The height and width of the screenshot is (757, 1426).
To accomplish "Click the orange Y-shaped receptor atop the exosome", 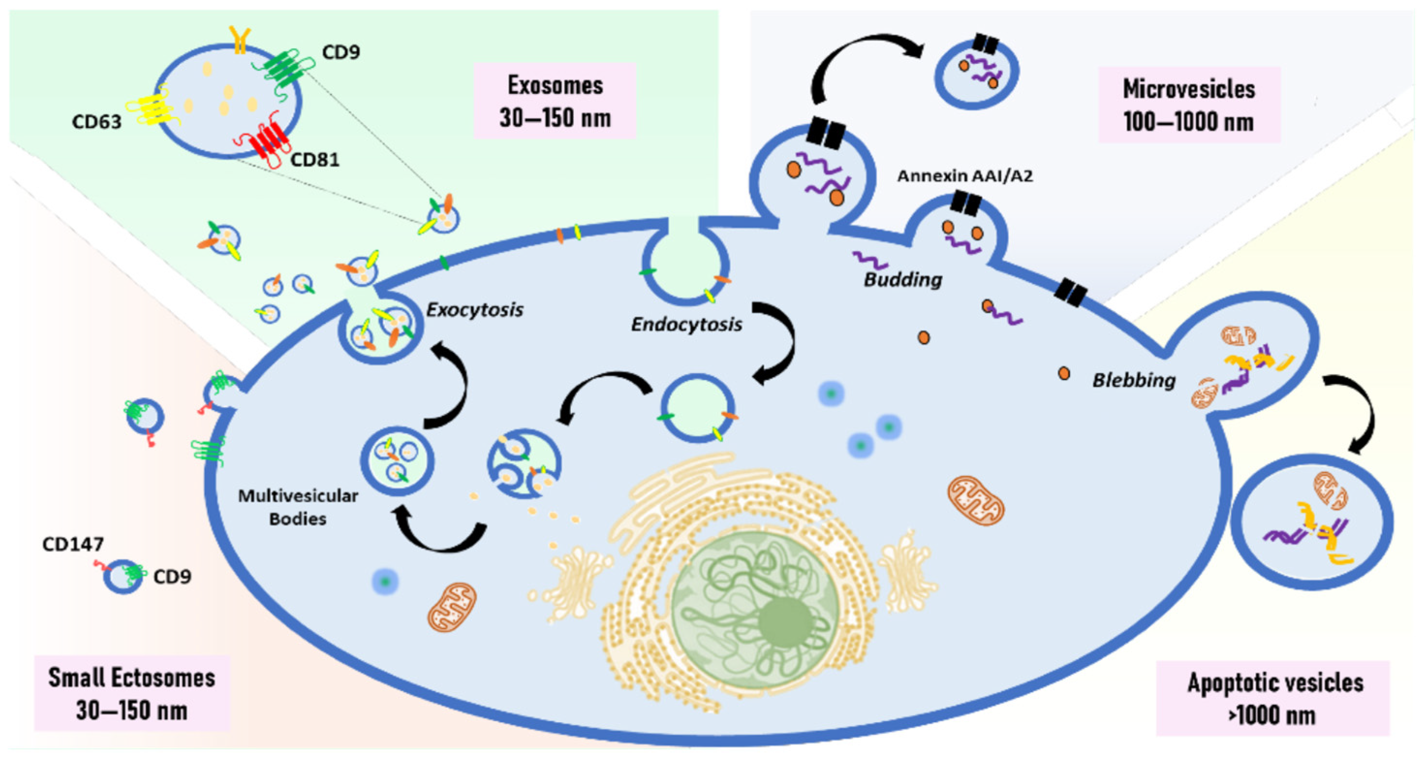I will [240, 40].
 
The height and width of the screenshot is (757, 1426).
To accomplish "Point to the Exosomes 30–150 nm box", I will [555, 101].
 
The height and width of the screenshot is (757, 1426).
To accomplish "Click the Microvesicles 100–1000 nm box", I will [1189, 105].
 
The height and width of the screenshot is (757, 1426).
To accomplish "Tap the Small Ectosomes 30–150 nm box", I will [132, 694].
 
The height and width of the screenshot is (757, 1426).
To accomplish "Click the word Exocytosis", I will [474, 310].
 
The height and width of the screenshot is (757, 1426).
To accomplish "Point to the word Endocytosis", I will [686, 324].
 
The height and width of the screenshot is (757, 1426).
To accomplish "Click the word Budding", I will [903, 280].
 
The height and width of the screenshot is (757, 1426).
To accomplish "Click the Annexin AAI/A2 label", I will [964, 176].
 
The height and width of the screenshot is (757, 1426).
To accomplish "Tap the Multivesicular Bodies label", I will [298, 507].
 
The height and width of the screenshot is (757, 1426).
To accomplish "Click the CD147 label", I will [73, 545].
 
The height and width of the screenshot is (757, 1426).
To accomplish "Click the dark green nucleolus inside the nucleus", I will [785, 622].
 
